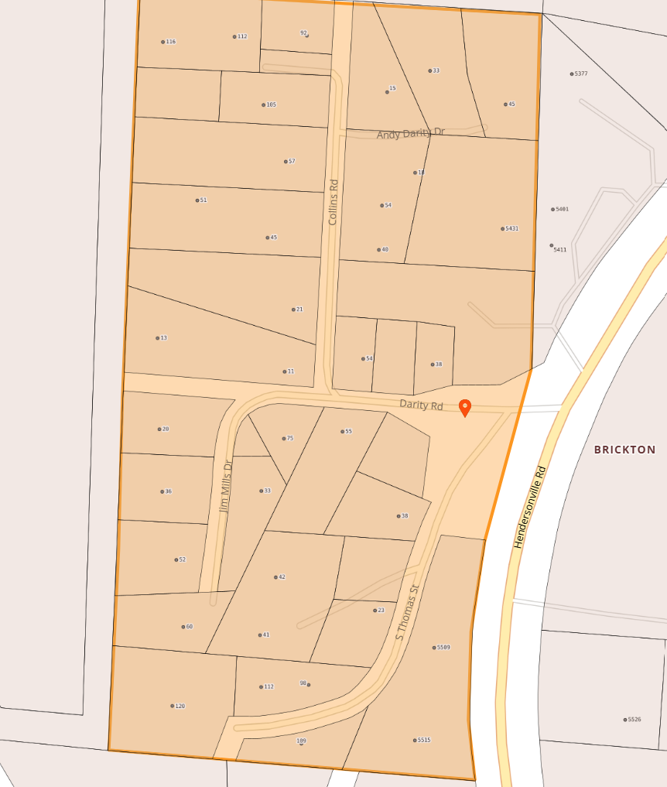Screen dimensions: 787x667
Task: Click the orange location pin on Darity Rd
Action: tap(465, 407)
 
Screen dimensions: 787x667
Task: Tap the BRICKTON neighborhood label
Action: tap(624, 450)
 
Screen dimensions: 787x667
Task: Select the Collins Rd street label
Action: tap(333, 203)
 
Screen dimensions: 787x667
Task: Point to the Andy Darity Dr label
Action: tap(410, 133)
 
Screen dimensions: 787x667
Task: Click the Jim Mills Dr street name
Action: tap(225, 487)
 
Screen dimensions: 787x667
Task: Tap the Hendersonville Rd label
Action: tap(530, 508)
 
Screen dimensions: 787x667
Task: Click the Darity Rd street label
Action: tap(421, 404)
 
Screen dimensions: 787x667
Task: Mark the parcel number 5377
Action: tap(580, 74)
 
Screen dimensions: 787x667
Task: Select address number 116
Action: tap(170, 42)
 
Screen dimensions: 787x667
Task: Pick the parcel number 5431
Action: tap(511, 229)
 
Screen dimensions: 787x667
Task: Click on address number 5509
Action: tap(443, 648)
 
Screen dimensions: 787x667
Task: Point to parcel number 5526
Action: tap(634, 720)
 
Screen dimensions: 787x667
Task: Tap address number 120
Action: tap(180, 707)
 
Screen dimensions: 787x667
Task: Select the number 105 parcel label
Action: tap(271, 105)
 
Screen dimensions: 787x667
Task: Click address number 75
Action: tap(289, 439)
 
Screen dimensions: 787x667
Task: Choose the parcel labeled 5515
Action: tap(423, 741)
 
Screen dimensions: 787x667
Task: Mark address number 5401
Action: tap(561, 210)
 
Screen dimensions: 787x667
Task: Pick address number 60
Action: tap(189, 627)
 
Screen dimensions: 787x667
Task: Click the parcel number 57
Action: tap(291, 162)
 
